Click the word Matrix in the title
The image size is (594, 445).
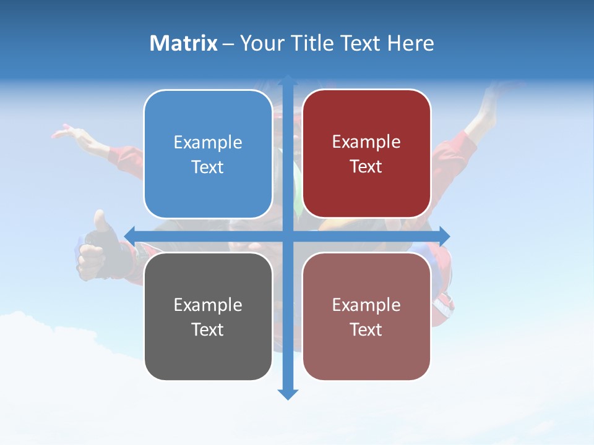pyautogui.click(x=184, y=43)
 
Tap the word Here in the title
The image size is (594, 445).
pyautogui.click(x=410, y=43)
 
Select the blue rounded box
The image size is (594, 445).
pyautogui.click(x=208, y=154)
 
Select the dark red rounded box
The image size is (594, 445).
pyautogui.click(x=366, y=154)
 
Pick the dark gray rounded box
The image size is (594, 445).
pyautogui.click(x=208, y=316)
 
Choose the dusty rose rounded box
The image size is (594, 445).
pyautogui.click(x=366, y=316)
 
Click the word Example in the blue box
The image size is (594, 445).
pyautogui.click(x=208, y=143)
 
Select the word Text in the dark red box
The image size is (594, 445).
pyautogui.click(x=366, y=167)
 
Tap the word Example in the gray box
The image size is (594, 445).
pyautogui.click(x=208, y=305)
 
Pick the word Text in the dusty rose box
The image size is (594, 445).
pyautogui.click(x=366, y=329)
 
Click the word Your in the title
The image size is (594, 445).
pyautogui.click(x=260, y=43)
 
